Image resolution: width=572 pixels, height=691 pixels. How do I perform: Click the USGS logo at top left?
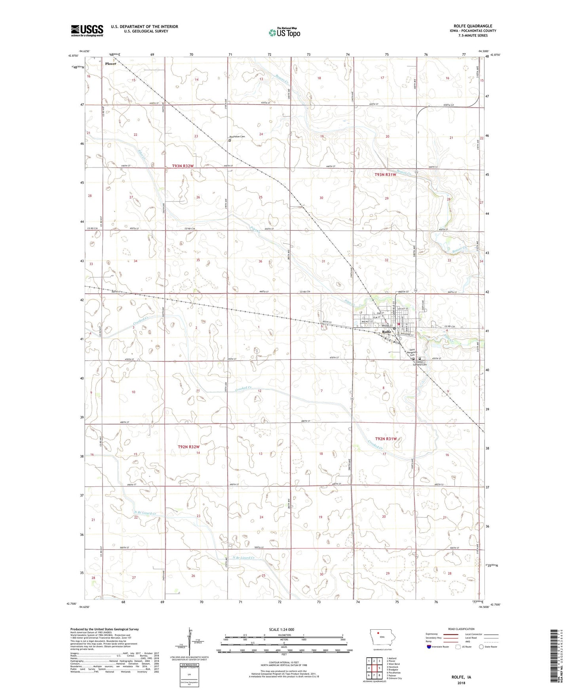click(x=87, y=30)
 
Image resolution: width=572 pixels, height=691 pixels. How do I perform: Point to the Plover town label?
click(x=110, y=64)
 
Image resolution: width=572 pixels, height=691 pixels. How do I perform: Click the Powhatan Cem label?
click(x=237, y=137)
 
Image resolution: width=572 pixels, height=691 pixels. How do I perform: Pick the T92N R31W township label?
click(x=386, y=439)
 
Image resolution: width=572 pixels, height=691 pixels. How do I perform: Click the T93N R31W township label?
click(x=385, y=175)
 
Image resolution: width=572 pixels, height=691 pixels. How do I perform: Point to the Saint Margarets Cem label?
click(x=412, y=351)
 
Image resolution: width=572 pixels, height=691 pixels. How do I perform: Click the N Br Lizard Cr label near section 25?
click(x=244, y=558)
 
